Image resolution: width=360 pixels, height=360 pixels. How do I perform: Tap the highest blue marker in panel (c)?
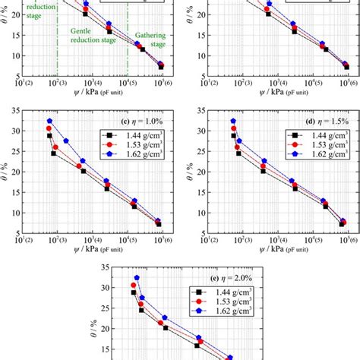49,121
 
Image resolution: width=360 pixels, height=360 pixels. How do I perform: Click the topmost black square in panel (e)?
134,292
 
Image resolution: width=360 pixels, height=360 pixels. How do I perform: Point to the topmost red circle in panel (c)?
49,128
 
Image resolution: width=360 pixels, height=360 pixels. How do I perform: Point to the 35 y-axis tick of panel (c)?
15,111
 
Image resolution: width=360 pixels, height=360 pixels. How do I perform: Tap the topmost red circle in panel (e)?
134,286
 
